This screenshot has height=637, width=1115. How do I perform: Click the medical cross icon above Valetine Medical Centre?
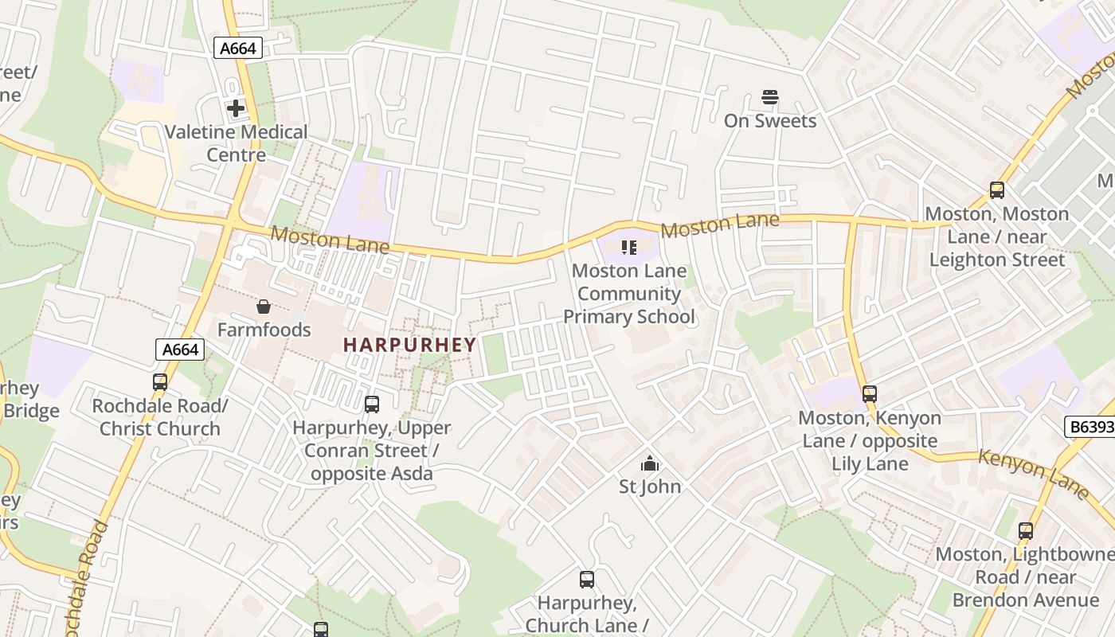236,107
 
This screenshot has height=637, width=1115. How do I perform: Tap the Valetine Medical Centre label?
236,143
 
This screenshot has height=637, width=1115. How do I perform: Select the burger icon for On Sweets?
769,97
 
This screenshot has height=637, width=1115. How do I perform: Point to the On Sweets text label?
769,121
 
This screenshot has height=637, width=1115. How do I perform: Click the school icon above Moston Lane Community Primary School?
629,248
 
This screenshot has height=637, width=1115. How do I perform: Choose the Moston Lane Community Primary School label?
629,294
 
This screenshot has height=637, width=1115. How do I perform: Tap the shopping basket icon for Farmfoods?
263,307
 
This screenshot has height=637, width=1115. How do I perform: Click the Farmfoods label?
264,330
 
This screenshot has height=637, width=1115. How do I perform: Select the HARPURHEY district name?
409,345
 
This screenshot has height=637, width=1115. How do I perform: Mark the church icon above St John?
650,463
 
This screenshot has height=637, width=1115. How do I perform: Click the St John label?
650,486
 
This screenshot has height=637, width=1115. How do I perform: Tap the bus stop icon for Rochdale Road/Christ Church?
160,382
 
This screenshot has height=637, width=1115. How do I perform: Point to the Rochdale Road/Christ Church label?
160,417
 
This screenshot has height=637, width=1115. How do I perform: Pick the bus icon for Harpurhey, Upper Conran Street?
372,404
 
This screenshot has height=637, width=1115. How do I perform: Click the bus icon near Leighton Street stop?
996,190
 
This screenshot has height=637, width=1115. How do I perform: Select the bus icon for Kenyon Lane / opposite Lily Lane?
870,393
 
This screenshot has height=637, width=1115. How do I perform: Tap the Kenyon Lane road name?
1032,473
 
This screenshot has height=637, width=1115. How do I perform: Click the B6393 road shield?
1090,427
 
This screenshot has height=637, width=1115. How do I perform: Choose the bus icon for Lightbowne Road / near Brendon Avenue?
1026,531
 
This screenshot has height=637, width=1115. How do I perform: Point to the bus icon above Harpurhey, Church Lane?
587,580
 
